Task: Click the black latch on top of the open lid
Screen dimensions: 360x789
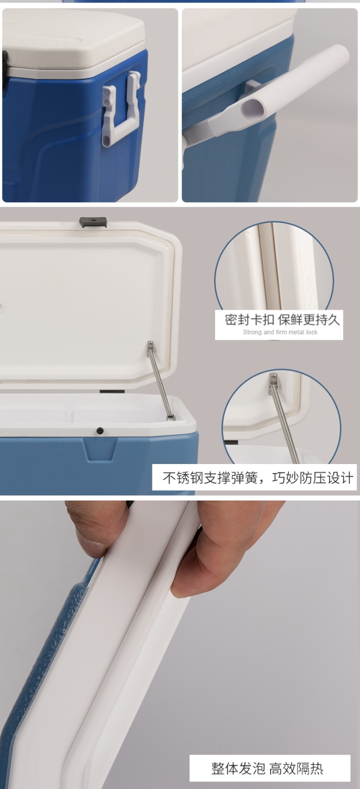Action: coord(93,222)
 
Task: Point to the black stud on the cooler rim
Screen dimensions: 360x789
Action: coord(100,430)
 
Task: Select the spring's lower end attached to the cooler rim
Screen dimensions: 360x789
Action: coord(171,418)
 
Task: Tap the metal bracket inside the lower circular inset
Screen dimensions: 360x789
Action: coord(273,380)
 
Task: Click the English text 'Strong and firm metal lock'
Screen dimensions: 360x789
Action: coord(280,332)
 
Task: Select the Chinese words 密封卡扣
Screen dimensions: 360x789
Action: coord(250,320)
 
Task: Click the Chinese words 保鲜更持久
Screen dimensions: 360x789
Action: coord(309,320)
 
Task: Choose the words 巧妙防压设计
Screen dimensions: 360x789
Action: coord(313,478)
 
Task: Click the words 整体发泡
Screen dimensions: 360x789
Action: coord(238,768)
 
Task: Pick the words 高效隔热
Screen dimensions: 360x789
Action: coord(296,768)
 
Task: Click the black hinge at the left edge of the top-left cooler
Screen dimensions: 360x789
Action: coord(5,68)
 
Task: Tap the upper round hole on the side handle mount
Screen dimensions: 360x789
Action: coord(107,92)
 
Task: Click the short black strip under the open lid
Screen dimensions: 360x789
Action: coord(112,392)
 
